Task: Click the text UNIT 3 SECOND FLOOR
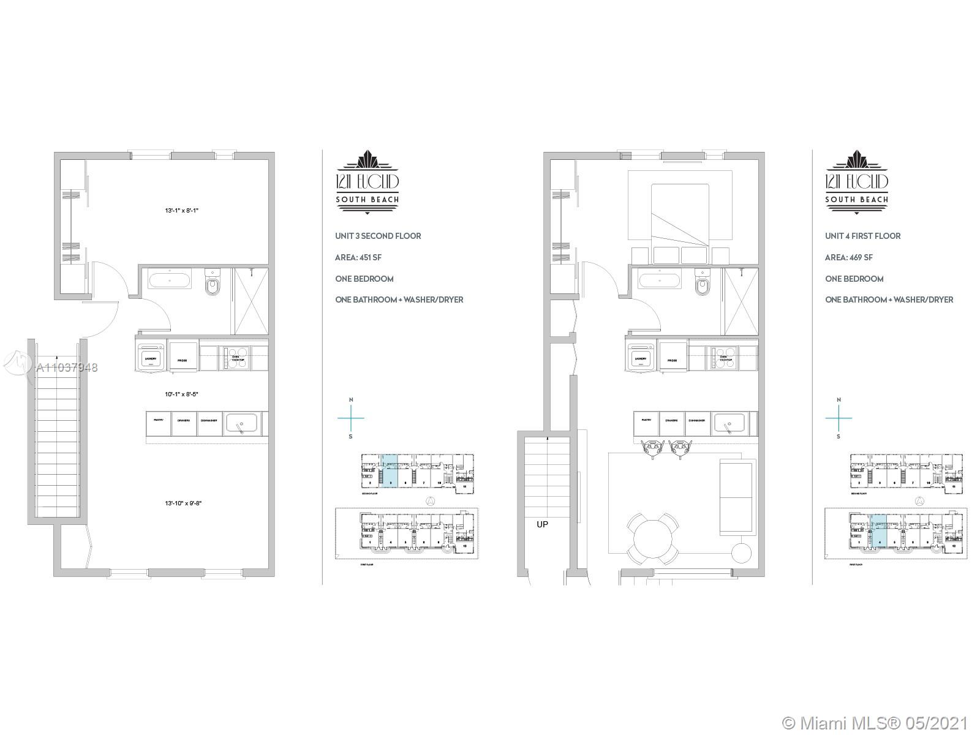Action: click(x=378, y=236)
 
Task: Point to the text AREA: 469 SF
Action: click(x=849, y=257)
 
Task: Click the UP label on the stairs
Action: click(x=542, y=524)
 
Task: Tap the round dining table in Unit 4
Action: click(x=653, y=538)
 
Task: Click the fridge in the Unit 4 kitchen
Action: click(x=673, y=358)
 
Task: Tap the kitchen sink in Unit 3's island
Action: click(x=243, y=422)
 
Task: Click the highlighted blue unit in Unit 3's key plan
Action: click(x=390, y=470)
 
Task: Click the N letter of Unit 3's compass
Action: click(x=351, y=400)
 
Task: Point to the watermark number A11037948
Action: click(x=67, y=368)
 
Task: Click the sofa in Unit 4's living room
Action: click(x=736, y=497)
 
